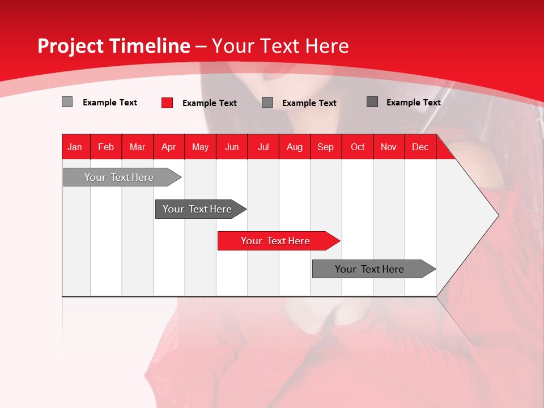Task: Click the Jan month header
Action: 75,147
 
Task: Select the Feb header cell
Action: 106,147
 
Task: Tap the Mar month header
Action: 137,147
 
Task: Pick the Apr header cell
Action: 169,147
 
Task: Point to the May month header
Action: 200,147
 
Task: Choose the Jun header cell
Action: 232,147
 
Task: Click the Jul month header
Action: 263,147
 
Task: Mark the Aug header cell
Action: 295,147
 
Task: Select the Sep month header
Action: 326,147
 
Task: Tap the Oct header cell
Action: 358,147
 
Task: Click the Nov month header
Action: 389,147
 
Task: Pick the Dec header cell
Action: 420,147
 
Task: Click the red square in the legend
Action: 167,103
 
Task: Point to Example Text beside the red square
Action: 210,103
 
